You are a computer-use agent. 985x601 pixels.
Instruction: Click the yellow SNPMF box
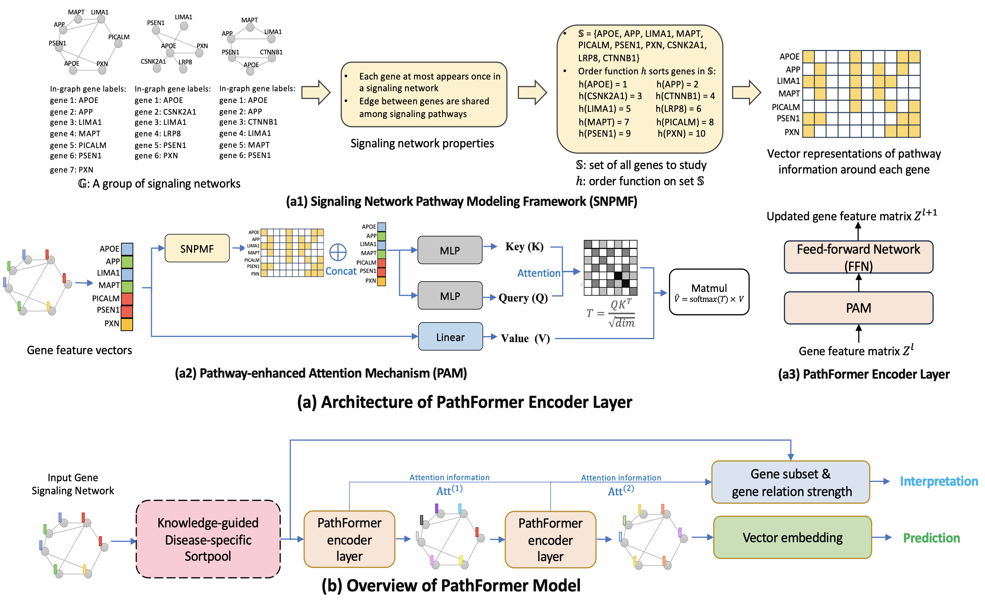[197, 249]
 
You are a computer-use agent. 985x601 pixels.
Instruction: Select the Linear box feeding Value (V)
[450, 337]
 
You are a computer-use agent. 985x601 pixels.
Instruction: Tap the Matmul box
[709, 292]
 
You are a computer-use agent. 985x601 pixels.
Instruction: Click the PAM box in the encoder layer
[858, 308]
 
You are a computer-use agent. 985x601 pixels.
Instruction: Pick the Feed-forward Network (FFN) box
[858, 257]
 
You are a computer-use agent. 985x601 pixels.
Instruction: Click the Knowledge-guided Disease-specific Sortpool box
[208, 539]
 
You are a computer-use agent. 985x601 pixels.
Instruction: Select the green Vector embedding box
[792, 537]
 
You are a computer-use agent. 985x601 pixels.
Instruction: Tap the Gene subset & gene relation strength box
[790, 482]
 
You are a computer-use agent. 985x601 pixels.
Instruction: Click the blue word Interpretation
[939, 482]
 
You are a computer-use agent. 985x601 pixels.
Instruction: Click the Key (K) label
[524, 247]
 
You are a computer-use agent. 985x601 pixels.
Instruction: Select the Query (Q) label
[523, 298]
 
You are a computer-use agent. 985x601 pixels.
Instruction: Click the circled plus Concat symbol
[338, 252]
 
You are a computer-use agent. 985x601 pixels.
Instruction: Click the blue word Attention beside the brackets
[539, 273]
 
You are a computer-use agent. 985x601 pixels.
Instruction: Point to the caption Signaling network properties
[422, 144]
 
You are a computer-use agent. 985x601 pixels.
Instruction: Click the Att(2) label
[621, 490]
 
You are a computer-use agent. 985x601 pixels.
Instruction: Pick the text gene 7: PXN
[72, 170]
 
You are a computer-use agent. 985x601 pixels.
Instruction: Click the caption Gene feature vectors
[79, 350]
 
